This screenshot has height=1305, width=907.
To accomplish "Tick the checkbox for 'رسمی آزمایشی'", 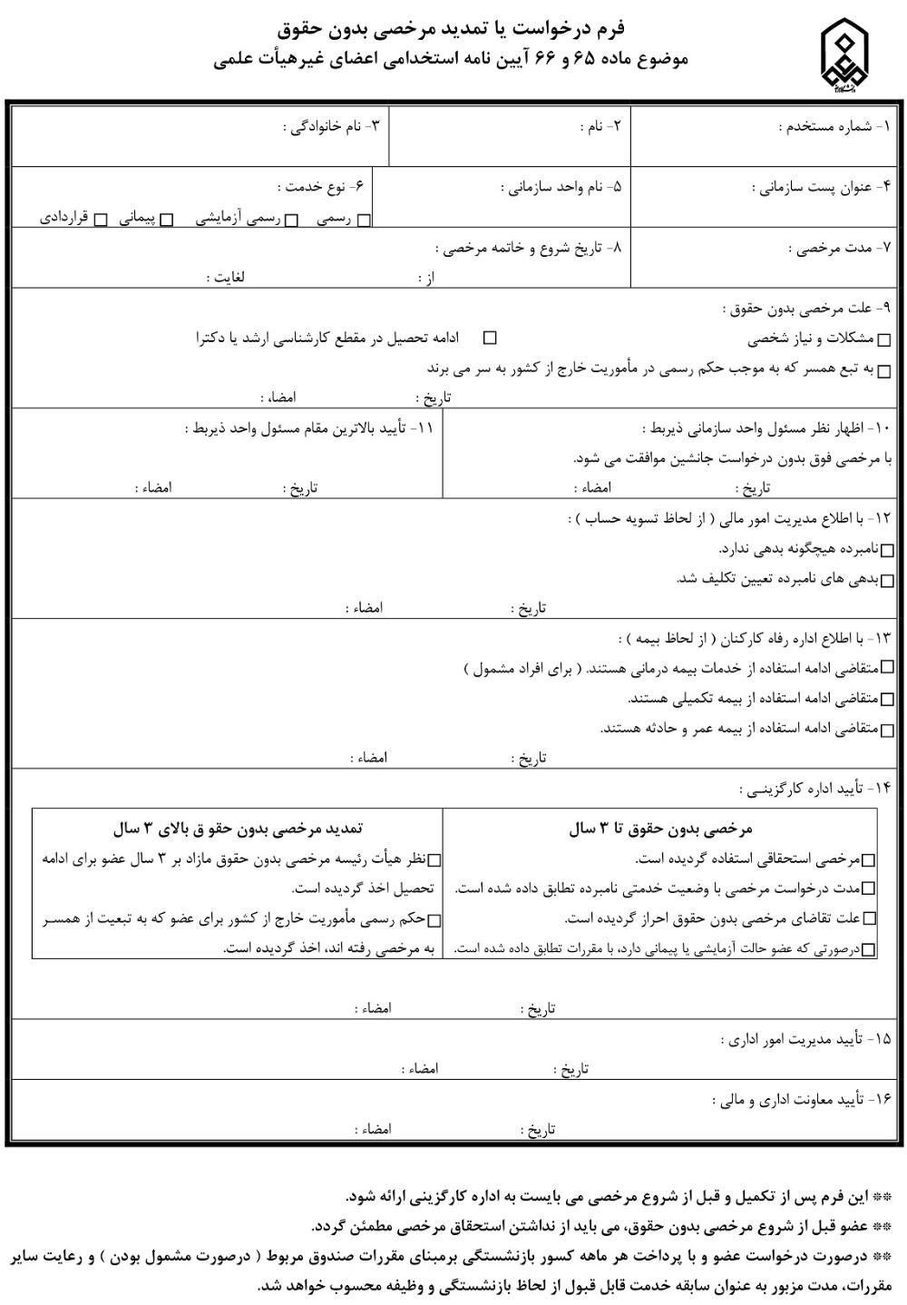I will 292,220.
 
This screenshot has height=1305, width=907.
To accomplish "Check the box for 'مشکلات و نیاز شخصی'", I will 884,341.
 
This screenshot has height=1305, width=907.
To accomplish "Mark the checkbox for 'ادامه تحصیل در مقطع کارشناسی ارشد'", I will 490,339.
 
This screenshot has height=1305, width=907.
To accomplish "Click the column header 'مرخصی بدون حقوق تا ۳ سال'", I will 660,829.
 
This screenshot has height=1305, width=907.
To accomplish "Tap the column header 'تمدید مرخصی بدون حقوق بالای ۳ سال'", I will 239,829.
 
